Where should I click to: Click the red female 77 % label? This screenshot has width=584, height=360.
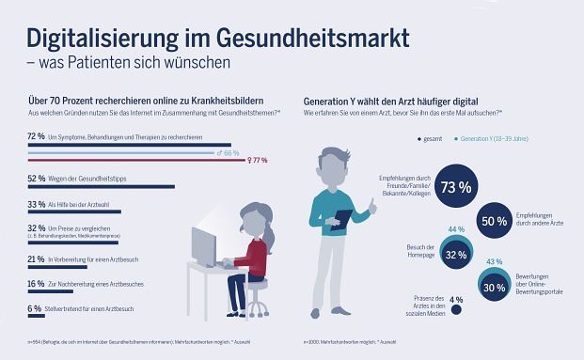pos(256,161)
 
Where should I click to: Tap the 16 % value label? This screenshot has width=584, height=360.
pos(35,282)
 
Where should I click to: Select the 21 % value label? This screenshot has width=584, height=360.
pos(35,258)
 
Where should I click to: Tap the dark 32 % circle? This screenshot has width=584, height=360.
pos(456,255)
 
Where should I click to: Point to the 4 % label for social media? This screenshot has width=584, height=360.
pos(457,301)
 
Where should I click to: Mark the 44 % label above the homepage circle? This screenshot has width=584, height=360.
pos(455,229)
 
